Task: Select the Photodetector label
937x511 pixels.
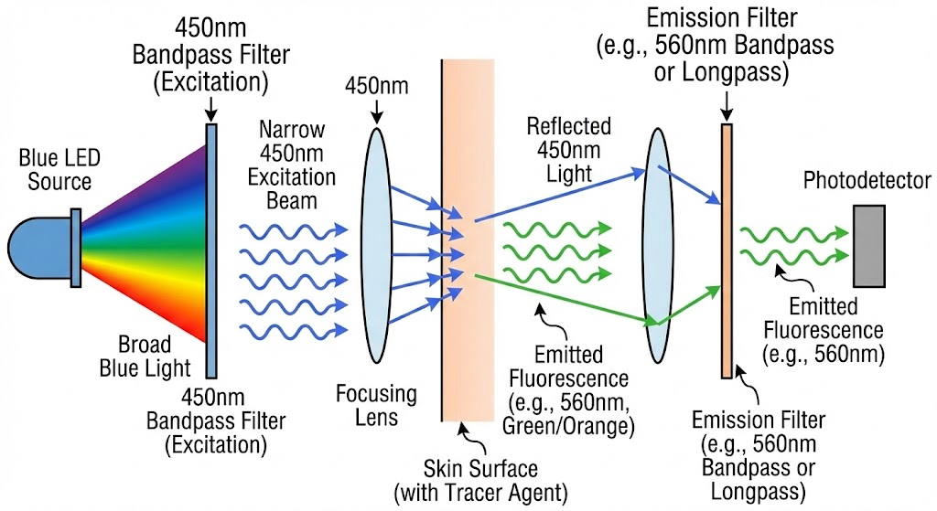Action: [867, 181]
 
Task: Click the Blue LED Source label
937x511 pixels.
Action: [59, 170]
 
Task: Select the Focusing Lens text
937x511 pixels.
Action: [376, 405]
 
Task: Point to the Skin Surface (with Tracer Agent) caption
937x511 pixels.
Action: [480, 482]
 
